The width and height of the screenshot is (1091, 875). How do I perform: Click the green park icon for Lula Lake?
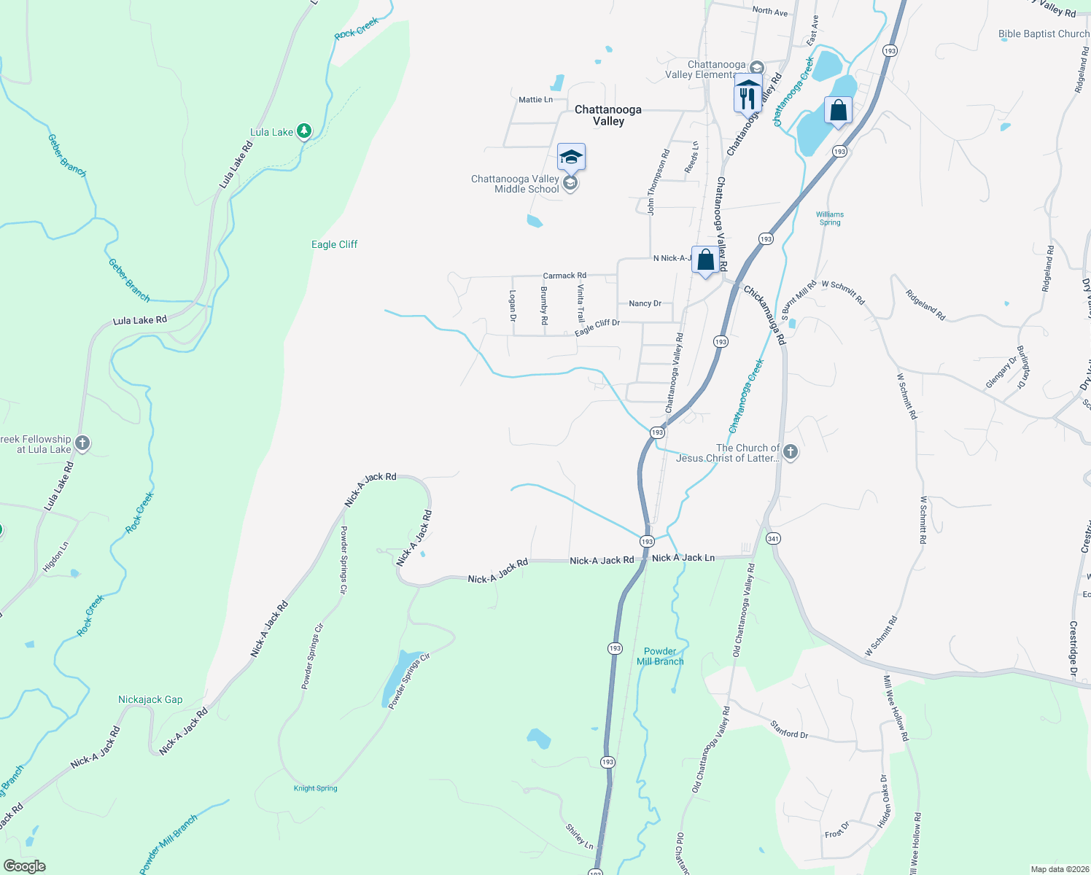pyautogui.click(x=304, y=131)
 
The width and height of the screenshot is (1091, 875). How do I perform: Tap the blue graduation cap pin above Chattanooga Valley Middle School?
pyautogui.click(x=571, y=156)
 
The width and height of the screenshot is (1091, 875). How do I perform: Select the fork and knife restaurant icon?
pyautogui.click(x=747, y=97)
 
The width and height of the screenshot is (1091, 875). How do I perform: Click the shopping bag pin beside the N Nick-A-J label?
pyautogui.click(x=705, y=260)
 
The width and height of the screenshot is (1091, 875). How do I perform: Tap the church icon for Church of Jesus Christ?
pyautogui.click(x=790, y=453)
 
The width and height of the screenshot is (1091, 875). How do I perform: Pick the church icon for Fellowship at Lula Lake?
pyautogui.click(x=82, y=443)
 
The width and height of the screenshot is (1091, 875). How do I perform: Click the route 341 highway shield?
pyautogui.click(x=773, y=538)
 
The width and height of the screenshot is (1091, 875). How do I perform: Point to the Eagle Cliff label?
pyautogui.click(x=334, y=244)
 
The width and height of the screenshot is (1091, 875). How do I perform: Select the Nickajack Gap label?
pyautogui.click(x=150, y=699)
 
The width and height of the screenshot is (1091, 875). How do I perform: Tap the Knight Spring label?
pyautogui.click(x=315, y=788)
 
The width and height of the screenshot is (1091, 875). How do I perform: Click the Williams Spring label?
pyautogui.click(x=830, y=218)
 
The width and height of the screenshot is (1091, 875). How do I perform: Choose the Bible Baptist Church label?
pyautogui.click(x=1043, y=34)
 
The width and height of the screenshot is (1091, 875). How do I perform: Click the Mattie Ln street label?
pyautogui.click(x=535, y=99)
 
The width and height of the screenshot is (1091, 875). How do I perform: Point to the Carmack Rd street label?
pyautogui.click(x=564, y=276)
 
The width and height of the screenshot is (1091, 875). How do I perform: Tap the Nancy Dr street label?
pyautogui.click(x=645, y=303)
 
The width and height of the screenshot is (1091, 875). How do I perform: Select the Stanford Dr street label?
pyautogui.click(x=789, y=729)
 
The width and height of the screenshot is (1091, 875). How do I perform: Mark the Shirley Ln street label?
pyautogui.click(x=580, y=836)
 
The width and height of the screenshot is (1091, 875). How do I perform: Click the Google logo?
pyautogui.click(x=24, y=866)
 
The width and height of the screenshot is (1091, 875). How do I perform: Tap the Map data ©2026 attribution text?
pyautogui.click(x=1059, y=869)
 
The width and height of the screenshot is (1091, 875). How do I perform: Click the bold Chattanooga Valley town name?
pyautogui.click(x=608, y=115)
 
